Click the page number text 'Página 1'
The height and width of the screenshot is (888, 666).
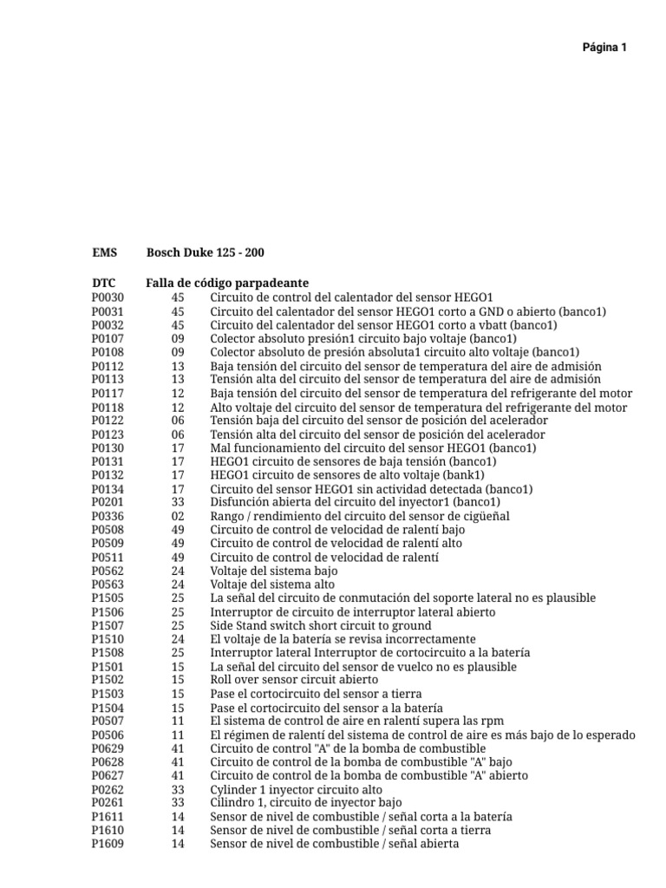click(604, 48)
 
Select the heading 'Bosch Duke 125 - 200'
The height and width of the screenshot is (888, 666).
click(206, 252)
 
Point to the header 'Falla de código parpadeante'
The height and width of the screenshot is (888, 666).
click(227, 283)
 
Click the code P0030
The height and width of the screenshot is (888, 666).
click(108, 297)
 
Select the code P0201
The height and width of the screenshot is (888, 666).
click(108, 502)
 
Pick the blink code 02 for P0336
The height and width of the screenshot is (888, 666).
click(178, 516)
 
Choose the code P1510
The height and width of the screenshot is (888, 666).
click(108, 639)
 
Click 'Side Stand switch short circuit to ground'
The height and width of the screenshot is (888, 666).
click(320, 625)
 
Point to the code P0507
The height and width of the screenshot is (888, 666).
click(108, 721)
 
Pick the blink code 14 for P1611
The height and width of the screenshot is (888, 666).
click(178, 817)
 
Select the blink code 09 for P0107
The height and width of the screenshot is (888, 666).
click(178, 338)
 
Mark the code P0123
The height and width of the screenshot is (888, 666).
click(108, 434)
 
